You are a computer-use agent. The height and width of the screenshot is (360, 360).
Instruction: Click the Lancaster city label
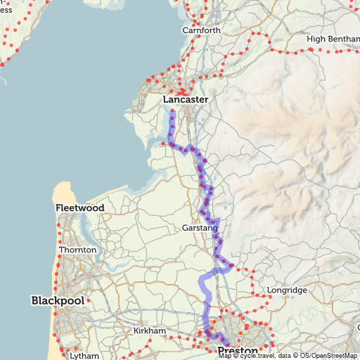click(186, 100)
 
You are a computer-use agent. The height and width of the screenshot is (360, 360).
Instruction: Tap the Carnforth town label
click(201, 30)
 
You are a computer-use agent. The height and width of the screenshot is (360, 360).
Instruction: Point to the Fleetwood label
click(80, 208)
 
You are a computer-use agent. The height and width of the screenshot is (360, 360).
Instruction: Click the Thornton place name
click(77, 250)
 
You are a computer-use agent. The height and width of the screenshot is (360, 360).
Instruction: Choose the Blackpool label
click(58, 300)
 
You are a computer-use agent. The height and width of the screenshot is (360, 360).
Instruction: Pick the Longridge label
click(287, 290)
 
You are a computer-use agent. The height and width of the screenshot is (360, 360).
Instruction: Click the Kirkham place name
click(149, 330)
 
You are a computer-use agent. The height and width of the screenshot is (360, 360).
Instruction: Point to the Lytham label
click(84, 355)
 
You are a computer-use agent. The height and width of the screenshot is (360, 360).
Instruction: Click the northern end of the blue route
click(172, 110)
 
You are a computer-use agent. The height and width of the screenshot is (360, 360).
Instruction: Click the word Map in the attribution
click(224, 356)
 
